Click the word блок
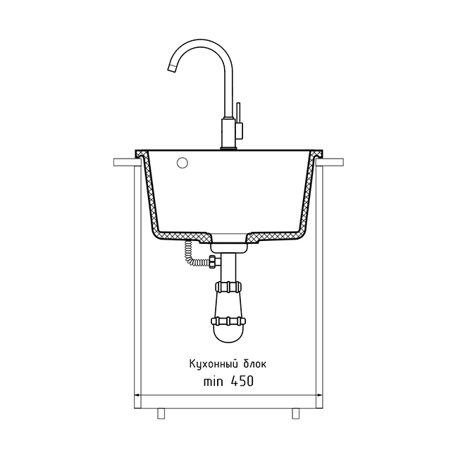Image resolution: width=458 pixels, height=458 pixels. click(x=254, y=364)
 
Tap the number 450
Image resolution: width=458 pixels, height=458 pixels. click(x=242, y=381)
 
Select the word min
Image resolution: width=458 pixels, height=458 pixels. click(x=213, y=381)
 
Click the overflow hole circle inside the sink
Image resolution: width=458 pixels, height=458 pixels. click(x=182, y=163)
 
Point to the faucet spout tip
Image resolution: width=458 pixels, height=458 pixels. click(x=171, y=68)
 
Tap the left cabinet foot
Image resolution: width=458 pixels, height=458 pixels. click(x=161, y=413)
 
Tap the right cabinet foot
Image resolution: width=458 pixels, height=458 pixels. click(x=296, y=413)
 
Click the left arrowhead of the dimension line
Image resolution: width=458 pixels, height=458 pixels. click(x=137, y=395)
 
